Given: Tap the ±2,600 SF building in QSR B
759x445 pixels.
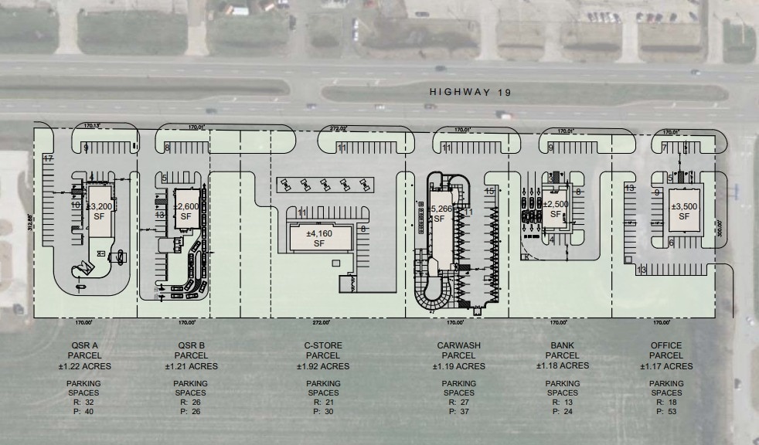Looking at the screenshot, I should [186, 212].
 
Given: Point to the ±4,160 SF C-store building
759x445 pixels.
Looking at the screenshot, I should [318, 238].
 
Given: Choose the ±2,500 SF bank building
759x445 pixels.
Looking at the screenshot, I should [556, 209].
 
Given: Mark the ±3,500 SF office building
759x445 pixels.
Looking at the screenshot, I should [684, 211].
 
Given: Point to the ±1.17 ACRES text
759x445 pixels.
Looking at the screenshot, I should [666, 366].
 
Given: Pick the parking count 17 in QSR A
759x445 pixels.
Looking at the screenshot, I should [47, 158].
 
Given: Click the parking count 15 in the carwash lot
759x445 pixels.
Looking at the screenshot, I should [488, 191].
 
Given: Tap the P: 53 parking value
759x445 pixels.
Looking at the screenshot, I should [666, 413].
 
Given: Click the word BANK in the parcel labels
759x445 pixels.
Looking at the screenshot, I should [562, 345].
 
